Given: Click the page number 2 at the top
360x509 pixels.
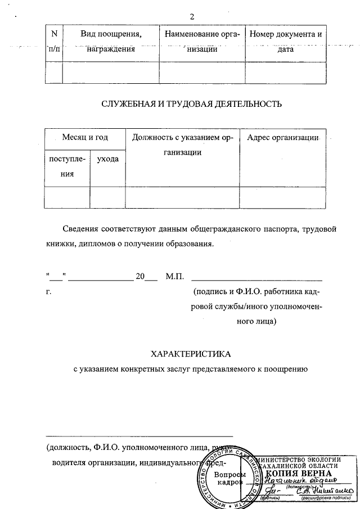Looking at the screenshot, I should (x=192, y=16).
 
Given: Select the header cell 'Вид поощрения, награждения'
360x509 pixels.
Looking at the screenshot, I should (x=110, y=42).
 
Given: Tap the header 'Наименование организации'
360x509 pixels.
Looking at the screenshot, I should (x=202, y=42).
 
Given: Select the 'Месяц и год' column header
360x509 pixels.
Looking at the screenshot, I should (x=85, y=137).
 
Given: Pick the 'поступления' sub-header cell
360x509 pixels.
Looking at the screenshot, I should (x=67, y=166).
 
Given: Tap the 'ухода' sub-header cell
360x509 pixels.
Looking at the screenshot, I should (x=107, y=160).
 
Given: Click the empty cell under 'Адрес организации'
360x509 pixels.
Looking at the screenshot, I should (x=282, y=197).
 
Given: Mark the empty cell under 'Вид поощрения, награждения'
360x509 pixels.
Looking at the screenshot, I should (x=110, y=73).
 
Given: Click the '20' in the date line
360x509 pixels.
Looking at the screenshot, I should (x=140, y=276).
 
